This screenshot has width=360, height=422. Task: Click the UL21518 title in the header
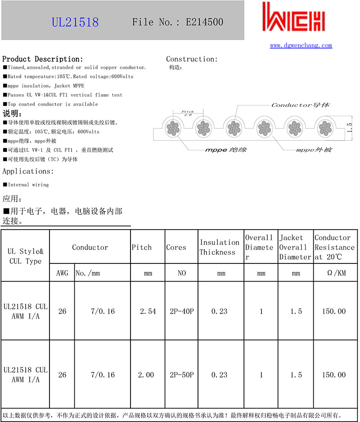click(x=75, y=22)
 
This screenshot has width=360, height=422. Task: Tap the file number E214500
click(x=177, y=22)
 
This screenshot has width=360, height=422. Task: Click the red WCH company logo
click(x=293, y=19)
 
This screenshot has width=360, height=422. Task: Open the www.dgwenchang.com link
click(x=301, y=45)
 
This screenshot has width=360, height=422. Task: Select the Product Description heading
click(x=43, y=59)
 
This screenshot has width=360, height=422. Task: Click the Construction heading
click(x=192, y=59)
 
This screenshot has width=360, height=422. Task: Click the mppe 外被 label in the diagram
click(x=314, y=149)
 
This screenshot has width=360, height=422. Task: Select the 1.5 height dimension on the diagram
click(x=350, y=127)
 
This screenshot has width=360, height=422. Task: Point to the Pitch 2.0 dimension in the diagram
click(x=188, y=113)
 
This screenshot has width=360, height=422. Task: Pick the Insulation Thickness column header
click(x=220, y=247)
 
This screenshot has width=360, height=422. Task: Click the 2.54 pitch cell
click(x=148, y=311)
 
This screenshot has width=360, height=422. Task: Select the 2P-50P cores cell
click(x=182, y=375)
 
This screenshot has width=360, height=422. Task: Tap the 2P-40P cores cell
click(x=182, y=311)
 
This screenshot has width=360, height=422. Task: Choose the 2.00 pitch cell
click(x=147, y=375)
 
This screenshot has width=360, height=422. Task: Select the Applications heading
click(x=28, y=171)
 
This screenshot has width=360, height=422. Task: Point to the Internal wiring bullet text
click(x=28, y=185)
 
